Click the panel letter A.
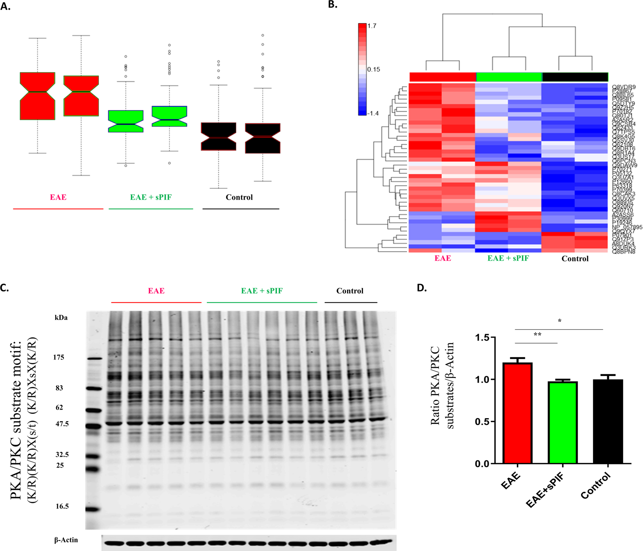(5, 7)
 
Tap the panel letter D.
(422, 288)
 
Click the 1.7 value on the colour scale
(372, 26)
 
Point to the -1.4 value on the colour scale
(373, 113)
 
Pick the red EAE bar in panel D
(518, 413)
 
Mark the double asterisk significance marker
(537, 335)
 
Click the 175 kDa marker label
(59, 357)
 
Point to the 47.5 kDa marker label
(62, 424)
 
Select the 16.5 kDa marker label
(62, 506)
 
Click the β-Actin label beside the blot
(66, 540)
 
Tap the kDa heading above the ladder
(61, 317)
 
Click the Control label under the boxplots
(239, 197)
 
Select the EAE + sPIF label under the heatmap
(508, 258)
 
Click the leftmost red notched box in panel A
(38, 96)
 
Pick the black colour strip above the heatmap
(575, 77)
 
